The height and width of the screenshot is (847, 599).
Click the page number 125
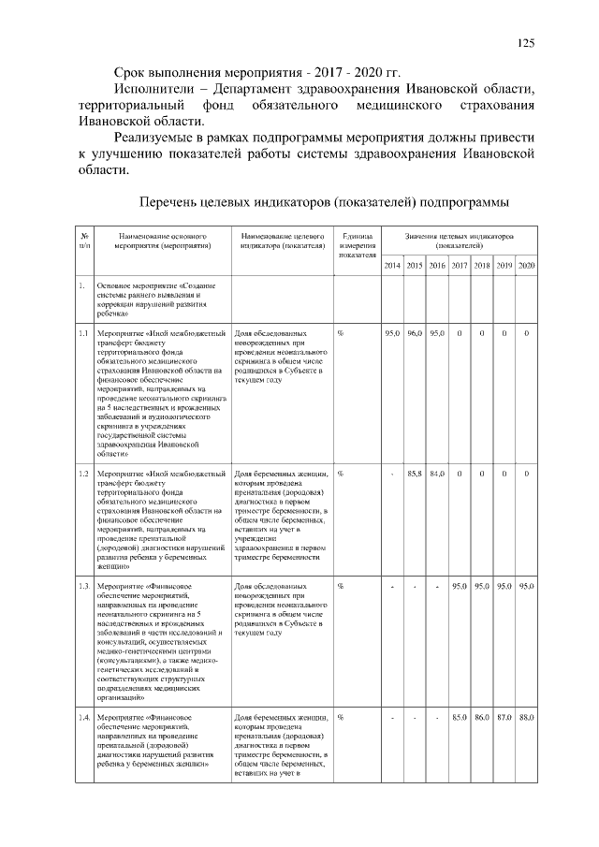point(526,43)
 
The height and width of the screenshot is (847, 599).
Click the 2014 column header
point(392,266)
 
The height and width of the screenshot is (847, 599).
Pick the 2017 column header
point(460,266)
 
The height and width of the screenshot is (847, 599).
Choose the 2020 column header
point(526,266)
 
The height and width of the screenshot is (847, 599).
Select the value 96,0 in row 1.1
point(415,333)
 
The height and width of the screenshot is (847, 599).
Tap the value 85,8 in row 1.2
point(415,474)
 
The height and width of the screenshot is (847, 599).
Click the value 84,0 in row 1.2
point(437,474)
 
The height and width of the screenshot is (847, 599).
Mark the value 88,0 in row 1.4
point(526,717)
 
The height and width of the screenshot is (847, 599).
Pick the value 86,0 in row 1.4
point(482,717)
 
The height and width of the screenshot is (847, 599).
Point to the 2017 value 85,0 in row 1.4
point(460,717)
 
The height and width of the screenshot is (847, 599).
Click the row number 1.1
point(83,333)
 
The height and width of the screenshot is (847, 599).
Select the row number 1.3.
point(84,586)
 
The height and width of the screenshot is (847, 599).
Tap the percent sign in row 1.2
point(340,474)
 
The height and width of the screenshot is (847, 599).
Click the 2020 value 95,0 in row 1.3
point(526,586)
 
